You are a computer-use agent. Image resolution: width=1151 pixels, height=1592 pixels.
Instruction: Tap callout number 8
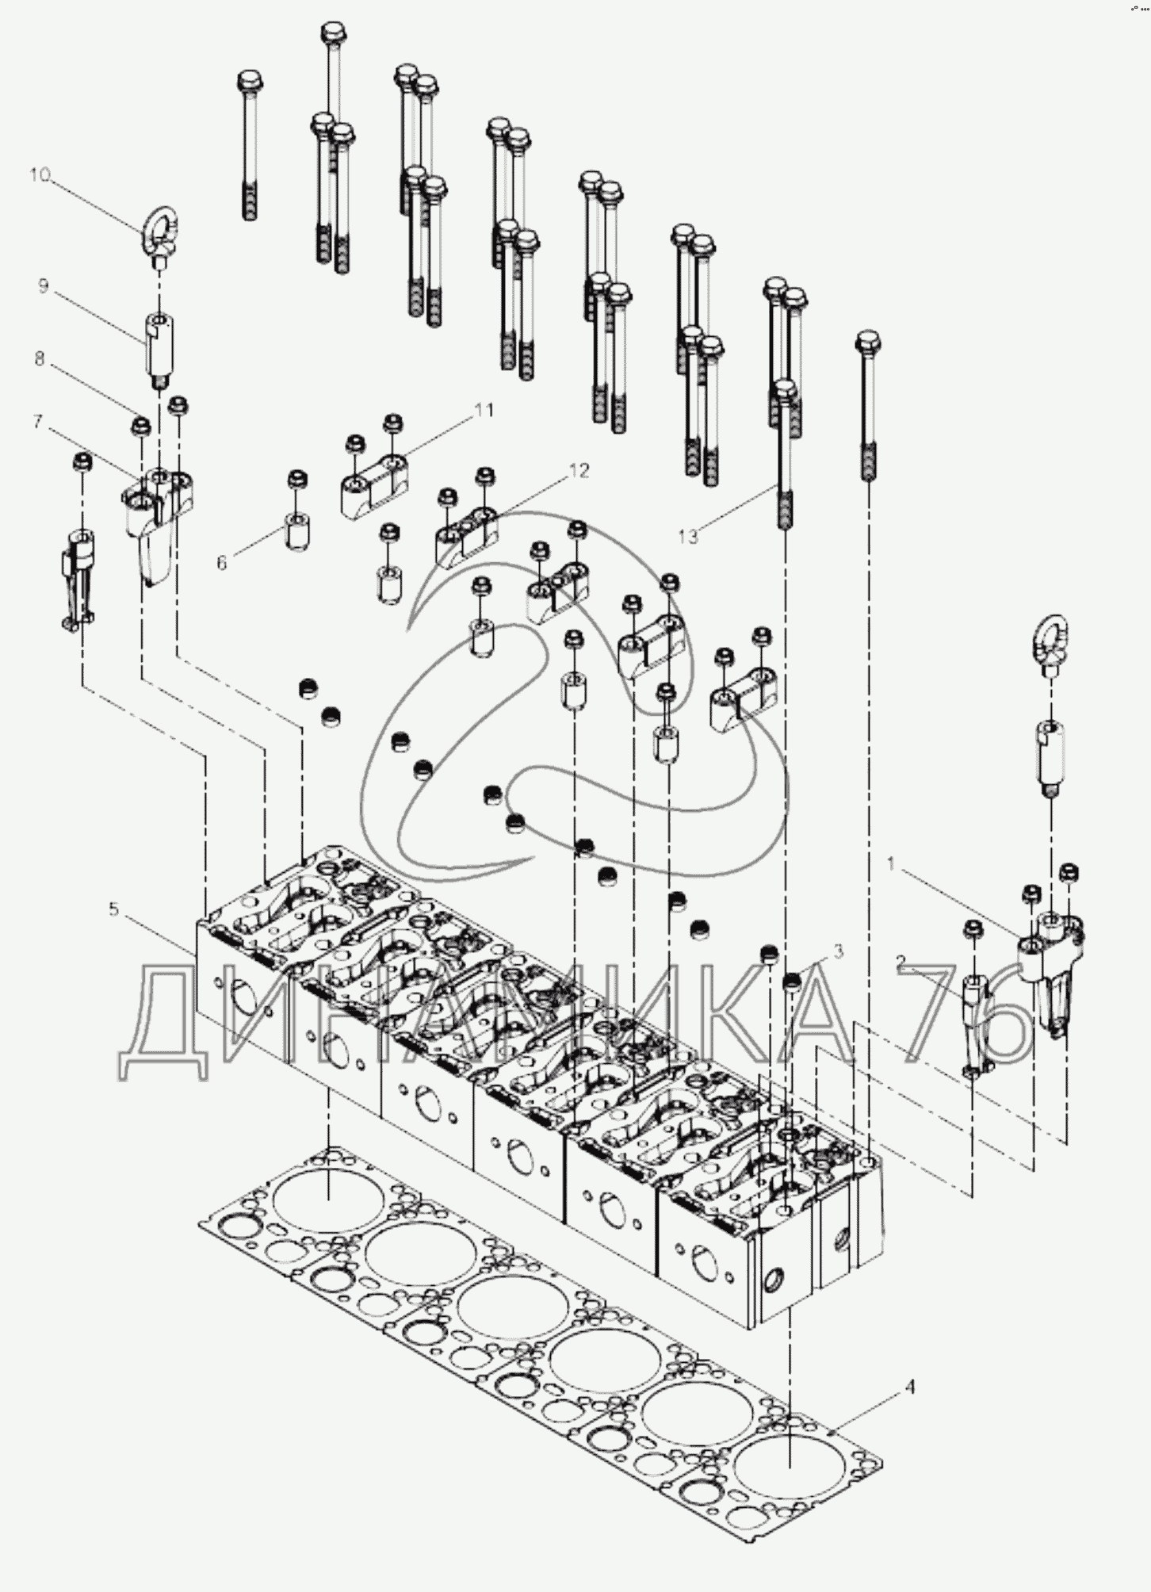tap(40, 358)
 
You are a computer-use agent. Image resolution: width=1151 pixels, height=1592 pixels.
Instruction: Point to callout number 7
tap(38, 422)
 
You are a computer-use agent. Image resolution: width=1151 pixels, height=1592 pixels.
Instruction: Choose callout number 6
tap(222, 562)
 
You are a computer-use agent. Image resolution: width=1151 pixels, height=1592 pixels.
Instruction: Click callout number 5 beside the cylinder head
tap(114, 909)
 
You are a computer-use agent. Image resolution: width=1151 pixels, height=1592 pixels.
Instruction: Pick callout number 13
tap(688, 537)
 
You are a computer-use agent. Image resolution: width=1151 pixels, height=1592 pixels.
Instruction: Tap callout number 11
tap(483, 410)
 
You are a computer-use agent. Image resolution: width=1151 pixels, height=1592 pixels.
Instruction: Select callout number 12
tap(579, 471)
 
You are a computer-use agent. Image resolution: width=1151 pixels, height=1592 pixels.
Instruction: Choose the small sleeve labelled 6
tap(296, 529)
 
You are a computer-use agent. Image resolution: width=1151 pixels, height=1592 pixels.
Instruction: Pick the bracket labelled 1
tap(1050, 969)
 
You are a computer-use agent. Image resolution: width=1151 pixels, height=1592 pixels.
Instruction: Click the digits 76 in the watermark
tap(972, 1015)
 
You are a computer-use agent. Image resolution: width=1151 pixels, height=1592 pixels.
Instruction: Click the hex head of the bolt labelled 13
tap(784, 390)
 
